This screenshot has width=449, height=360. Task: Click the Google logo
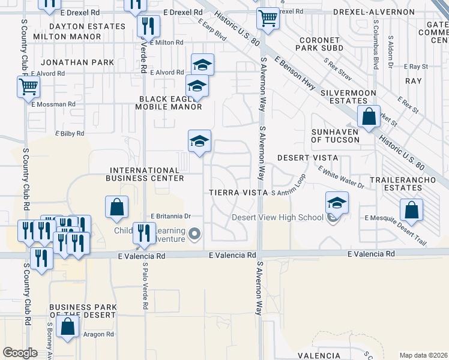pyautogui.click(x=20, y=352)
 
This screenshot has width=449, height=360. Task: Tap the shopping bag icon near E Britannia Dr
pyautogui.click(x=117, y=208)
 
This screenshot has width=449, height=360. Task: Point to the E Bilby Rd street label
pyautogui.click(x=70, y=134)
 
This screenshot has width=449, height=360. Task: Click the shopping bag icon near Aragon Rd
pyautogui.click(x=68, y=328)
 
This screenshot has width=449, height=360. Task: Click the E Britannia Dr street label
pyautogui.click(x=170, y=216)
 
